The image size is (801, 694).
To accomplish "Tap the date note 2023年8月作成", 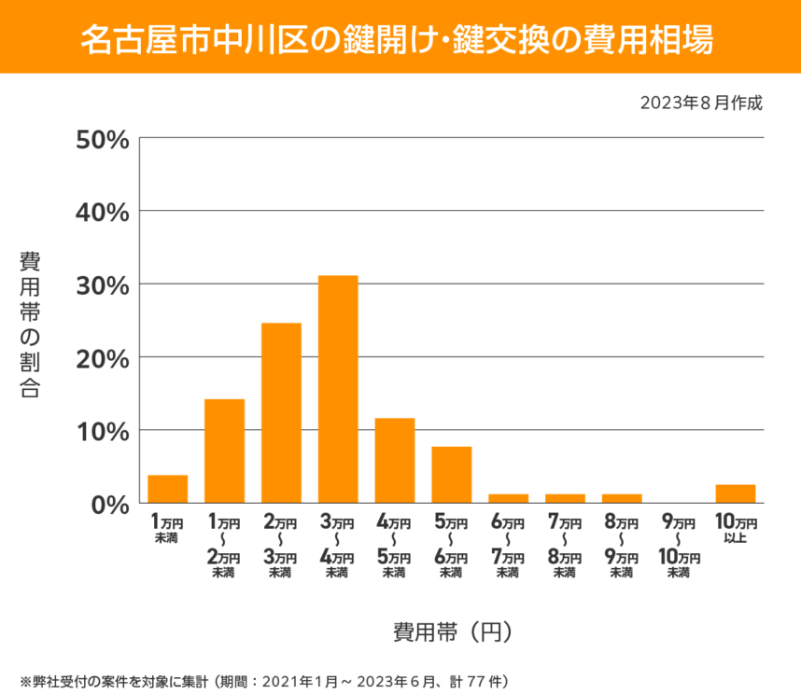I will (701, 102).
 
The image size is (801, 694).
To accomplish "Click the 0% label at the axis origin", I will (108, 503).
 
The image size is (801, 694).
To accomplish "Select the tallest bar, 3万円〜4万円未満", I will (338, 389).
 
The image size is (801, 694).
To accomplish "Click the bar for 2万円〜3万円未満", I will (281, 412).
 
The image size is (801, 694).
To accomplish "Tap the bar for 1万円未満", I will (168, 489).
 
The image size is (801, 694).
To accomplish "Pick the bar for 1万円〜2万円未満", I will (224, 451).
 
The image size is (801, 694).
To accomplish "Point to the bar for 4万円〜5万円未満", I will (395, 460).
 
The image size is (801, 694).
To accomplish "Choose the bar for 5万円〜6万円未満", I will (451, 475).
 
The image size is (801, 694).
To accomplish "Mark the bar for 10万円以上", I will (736, 493).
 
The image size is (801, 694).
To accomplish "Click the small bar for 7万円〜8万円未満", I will (565, 498).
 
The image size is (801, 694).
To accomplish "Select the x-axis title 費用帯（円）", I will (452, 632).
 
